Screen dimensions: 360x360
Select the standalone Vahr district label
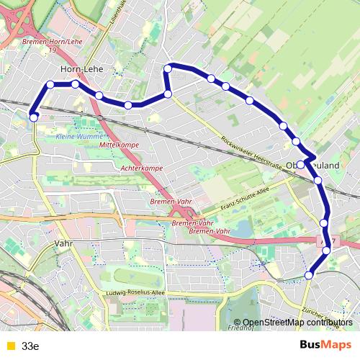coord(63,244)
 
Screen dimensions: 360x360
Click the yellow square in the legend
coord(9,346)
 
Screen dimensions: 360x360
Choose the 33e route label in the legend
coord(30,346)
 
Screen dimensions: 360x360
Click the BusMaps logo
coord(325,345)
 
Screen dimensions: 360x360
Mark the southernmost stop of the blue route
coord(310,274)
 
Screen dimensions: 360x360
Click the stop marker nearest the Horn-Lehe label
coord(75,84)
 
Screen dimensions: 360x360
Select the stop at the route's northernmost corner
coord(168,68)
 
